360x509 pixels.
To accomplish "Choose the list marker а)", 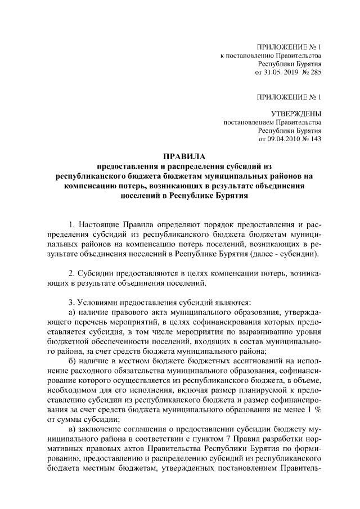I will [x=71, y=312].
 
